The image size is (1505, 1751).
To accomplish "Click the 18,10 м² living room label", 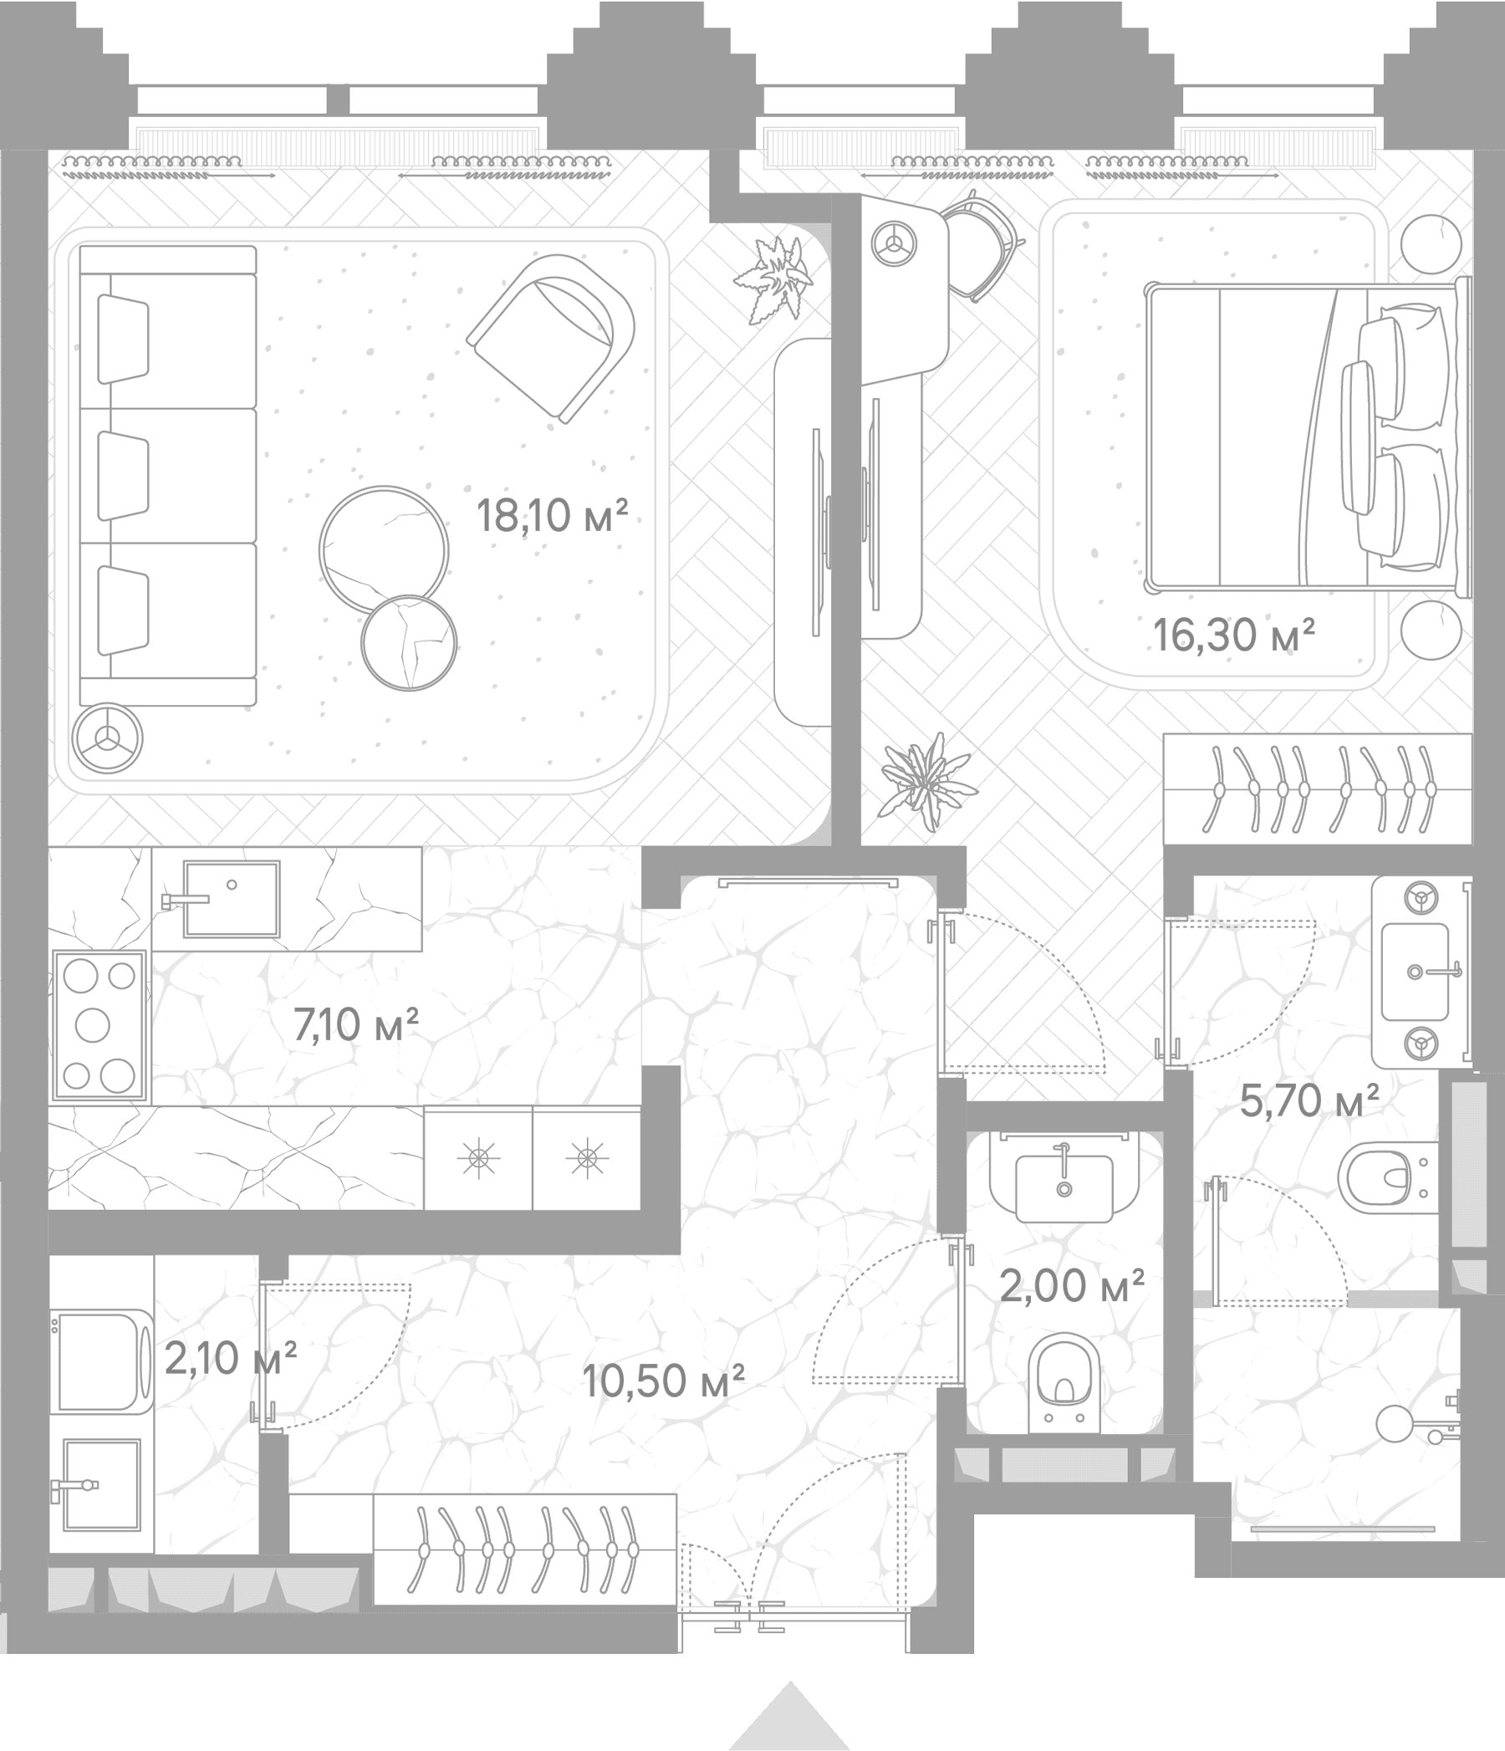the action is coord(552,514).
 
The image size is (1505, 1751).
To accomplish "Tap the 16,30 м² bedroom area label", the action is coord(1234,635).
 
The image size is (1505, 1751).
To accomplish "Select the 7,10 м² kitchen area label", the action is coord(355,1024).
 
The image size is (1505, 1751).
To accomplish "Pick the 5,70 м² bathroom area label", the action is coord(1309,1100).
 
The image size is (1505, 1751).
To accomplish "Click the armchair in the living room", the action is coord(551,337).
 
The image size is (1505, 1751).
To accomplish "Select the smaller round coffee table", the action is coord(409,643).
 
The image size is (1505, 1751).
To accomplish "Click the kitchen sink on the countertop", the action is coord(231,898).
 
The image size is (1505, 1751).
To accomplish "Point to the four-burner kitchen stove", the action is coord(99,1026).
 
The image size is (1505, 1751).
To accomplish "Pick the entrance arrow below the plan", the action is coord(789,1713).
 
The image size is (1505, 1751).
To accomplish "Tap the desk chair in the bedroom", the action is coord(981,245).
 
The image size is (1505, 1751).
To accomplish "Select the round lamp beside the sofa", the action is coord(107,738).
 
